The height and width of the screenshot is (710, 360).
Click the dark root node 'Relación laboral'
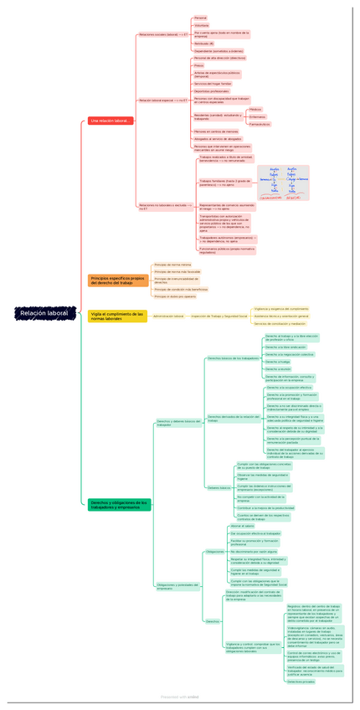[46, 313]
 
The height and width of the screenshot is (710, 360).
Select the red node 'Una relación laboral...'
[111, 121]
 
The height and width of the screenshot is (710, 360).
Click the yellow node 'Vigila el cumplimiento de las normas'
[116, 316]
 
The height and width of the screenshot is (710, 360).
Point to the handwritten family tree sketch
[283, 183]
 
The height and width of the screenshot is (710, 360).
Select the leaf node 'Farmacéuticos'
[260, 124]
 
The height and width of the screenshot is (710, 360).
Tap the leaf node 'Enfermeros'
[257, 116]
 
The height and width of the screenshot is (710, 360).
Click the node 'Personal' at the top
[201, 18]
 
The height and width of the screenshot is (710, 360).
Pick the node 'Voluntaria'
[202, 26]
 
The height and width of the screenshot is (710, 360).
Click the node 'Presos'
[199, 65]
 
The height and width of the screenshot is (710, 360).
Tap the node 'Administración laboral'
[168, 316]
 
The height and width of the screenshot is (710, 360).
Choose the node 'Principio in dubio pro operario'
[175, 296]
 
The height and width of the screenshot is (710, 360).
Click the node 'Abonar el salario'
[242, 526]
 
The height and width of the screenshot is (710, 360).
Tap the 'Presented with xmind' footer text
[180, 696]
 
